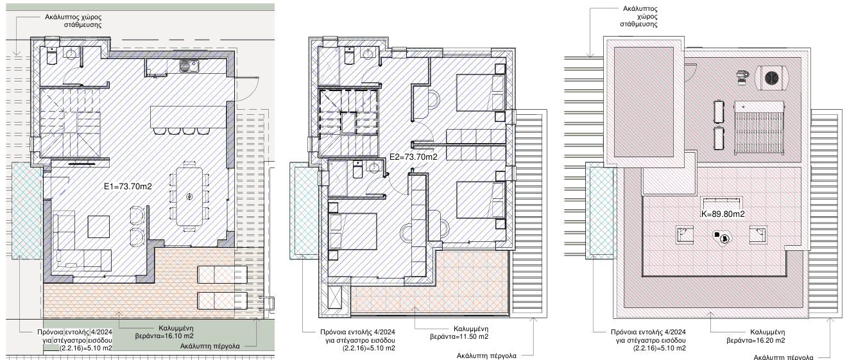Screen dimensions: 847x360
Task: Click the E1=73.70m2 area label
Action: click(x=128, y=187)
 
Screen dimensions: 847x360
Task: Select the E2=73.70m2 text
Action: click(x=413, y=157)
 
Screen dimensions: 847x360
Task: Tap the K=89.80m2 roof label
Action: click(x=723, y=214)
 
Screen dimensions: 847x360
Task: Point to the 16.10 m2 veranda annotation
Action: click(x=164, y=332)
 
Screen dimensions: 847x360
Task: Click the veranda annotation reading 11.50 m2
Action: click(x=459, y=333)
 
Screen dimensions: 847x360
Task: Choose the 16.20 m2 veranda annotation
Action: click(x=756, y=336)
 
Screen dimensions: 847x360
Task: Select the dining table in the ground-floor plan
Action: click(x=189, y=196)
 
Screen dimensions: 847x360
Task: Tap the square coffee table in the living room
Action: click(x=99, y=227)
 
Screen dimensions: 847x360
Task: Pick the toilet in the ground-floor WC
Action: click(x=52, y=56)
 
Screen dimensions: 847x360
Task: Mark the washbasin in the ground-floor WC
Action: click(x=71, y=54)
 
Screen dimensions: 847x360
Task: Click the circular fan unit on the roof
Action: click(x=772, y=78)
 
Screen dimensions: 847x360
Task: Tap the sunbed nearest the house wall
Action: click(x=222, y=275)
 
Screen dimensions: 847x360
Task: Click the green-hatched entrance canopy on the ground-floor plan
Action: click(x=27, y=210)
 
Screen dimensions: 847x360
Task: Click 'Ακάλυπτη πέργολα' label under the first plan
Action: click(x=210, y=346)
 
